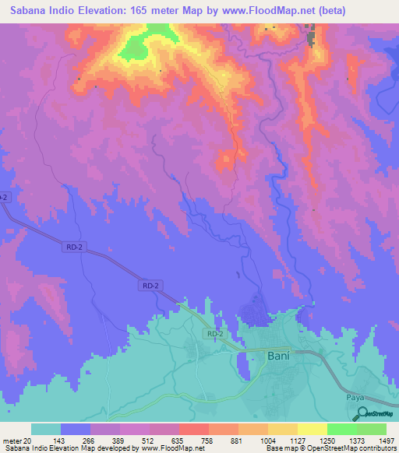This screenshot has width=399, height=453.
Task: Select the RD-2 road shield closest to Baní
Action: [216, 334]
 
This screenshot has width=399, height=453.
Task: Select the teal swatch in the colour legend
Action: [46, 429]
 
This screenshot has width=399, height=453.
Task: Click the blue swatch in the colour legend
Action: [76, 429]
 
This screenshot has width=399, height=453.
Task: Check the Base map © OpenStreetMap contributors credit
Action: [329, 448]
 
